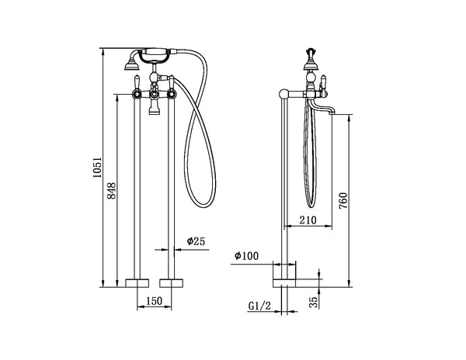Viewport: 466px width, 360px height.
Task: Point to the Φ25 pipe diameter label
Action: [195, 242]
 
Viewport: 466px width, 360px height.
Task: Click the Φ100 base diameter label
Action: [246, 256]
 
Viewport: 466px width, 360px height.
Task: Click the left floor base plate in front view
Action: [137, 281]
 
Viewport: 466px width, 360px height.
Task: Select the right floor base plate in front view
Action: [171, 281]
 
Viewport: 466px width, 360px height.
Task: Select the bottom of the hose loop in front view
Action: [200, 206]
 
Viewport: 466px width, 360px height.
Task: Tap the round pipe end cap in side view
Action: [284, 95]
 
